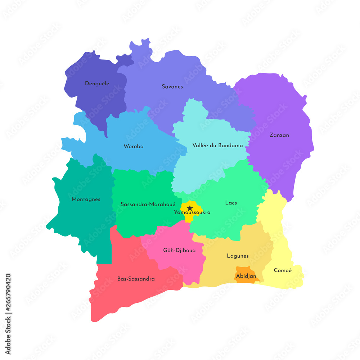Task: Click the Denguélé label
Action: [97, 84]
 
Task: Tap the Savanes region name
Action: [172, 86]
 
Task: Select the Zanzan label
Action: [279, 135]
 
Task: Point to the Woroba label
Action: [134, 147]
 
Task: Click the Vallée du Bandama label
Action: [217, 145]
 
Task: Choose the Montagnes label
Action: [86, 199]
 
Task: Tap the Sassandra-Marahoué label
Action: [145, 204]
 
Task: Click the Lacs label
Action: [231, 203]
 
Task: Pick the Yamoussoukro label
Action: [192, 212]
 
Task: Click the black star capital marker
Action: [189, 208]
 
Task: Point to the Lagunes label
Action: [238, 256]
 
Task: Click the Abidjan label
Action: [246, 276]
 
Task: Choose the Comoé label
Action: [283, 270]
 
